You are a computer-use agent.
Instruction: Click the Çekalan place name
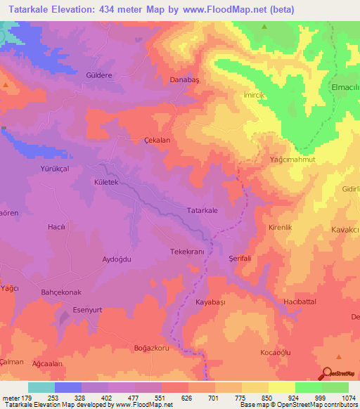157,140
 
